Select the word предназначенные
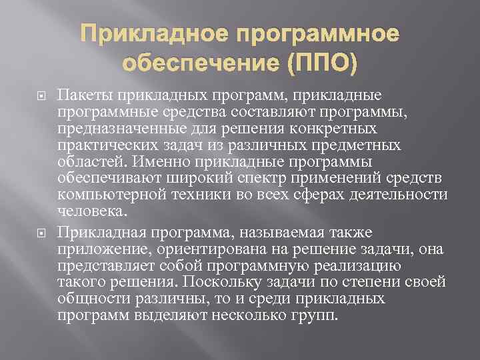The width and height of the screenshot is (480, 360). (117, 127)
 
